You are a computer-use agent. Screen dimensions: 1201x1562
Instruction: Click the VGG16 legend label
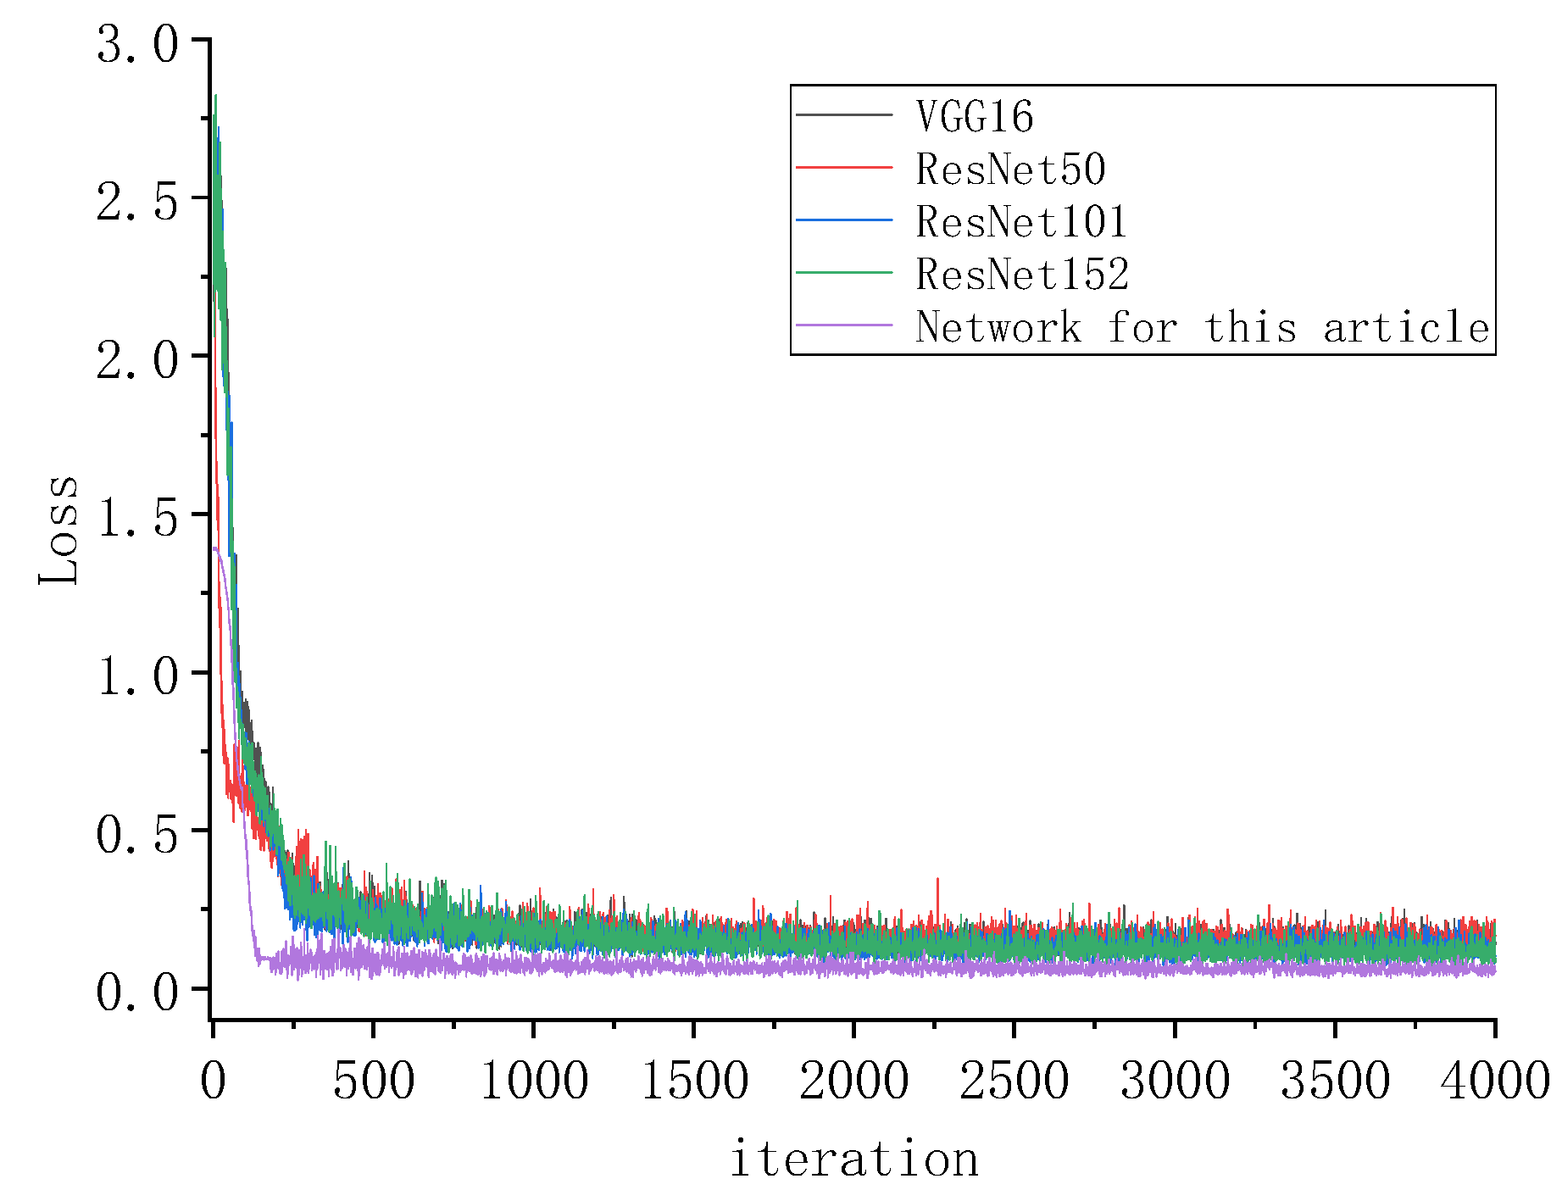click(x=975, y=116)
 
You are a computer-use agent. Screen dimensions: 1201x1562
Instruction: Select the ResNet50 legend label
click(x=1010, y=169)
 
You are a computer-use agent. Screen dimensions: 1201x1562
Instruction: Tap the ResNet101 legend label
click(x=1021, y=221)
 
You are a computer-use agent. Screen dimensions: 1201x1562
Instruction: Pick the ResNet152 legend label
click(x=1022, y=274)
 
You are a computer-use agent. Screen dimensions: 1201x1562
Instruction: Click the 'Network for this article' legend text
click(x=1202, y=327)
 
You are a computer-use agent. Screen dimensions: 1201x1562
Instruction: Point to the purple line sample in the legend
click(x=844, y=325)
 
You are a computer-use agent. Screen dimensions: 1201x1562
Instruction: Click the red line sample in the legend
click(x=844, y=168)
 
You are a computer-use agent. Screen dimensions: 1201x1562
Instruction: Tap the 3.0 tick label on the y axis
click(x=138, y=44)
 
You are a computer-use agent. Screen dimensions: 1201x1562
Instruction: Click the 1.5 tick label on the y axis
click(x=138, y=518)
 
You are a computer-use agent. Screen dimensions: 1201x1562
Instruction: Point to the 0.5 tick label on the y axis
click(x=138, y=835)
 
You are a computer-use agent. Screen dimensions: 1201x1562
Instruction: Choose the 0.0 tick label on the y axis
click(x=138, y=992)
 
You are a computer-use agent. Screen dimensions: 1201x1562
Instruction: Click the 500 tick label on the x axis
click(x=373, y=1081)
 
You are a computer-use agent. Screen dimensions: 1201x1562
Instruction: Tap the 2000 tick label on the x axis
click(x=853, y=1081)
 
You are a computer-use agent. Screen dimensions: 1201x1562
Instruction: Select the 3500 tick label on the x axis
click(x=1335, y=1081)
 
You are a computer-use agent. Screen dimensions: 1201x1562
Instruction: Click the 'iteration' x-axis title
click(x=853, y=1159)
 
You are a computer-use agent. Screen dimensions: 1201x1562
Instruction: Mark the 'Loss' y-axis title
click(x=59, y=530)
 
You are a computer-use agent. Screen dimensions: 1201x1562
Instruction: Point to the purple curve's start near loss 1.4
click(x=216, y=549)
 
